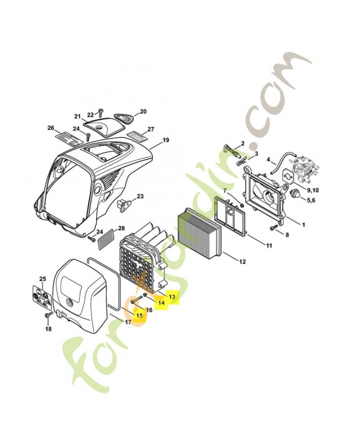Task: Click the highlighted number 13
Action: pos(172,297)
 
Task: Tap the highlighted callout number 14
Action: pos(161,302)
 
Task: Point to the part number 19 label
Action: pos(166,140)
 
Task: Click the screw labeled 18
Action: pos(47,314)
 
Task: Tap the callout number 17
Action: pos(128,322)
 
